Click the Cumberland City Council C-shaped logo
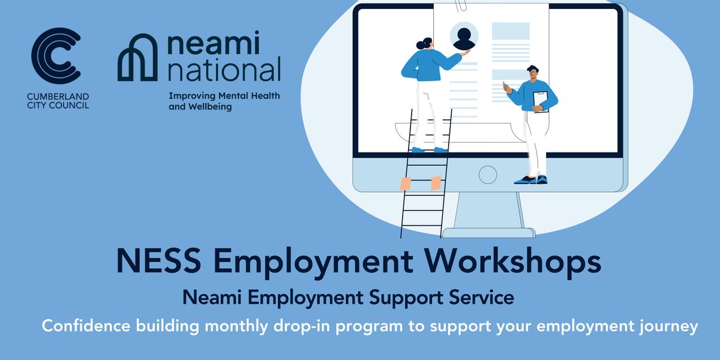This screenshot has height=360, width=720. [55, 57]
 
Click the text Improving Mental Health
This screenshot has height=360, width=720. [224, 95]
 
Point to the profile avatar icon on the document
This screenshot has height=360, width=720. [463, 38]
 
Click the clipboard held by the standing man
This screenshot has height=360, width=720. [541, 101]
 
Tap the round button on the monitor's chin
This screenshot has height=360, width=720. [487, 175]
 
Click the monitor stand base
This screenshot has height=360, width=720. [488, 232]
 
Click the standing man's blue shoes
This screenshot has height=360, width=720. [532, 179]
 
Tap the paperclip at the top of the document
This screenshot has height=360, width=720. [461, 7]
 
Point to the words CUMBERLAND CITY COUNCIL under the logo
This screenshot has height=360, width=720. [58, 101]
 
